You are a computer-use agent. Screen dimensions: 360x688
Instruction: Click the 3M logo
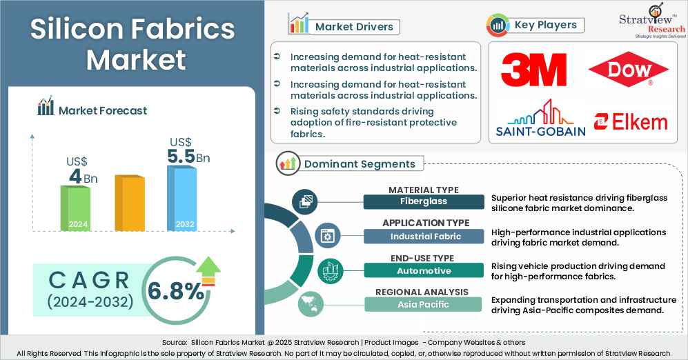[533, 70]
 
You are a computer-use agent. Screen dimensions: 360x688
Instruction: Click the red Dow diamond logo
[628, 71]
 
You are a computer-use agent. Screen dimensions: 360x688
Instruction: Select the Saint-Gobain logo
[540, 118]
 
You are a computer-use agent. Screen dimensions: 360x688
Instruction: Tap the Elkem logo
[631, 122]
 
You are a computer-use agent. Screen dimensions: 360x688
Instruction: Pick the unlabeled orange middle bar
[129, 203]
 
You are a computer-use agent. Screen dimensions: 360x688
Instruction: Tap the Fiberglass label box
[424, 201]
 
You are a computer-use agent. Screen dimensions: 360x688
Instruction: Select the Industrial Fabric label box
[424, 236]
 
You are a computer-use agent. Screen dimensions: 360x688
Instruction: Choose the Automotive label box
[424, 270]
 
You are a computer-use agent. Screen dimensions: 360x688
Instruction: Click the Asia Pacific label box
[424, 304]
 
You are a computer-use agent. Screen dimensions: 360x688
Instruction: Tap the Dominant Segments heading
[360, 163]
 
